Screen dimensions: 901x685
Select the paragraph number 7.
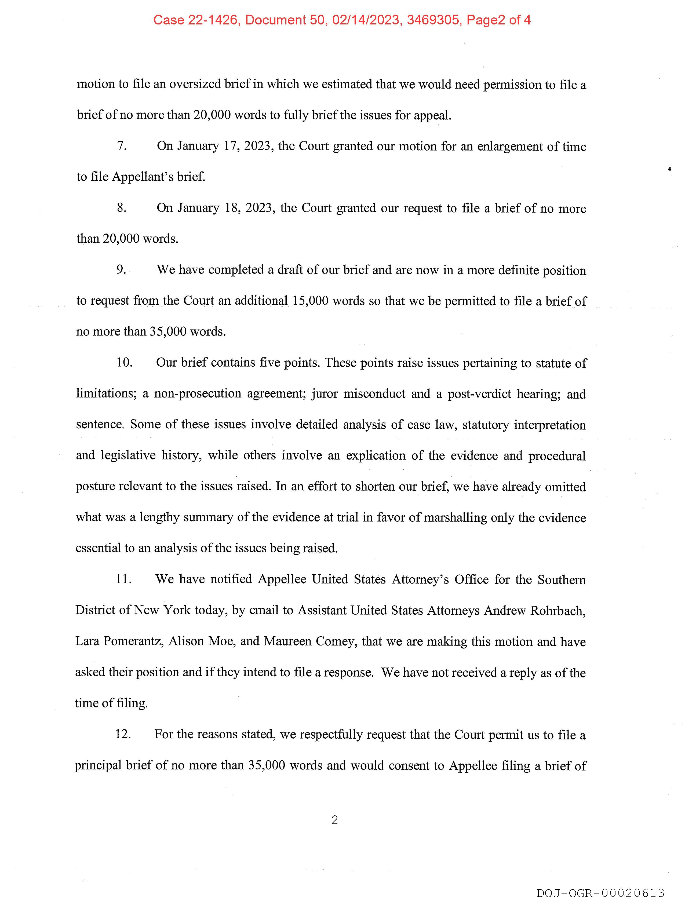pyautogui.click(x=122, y=146)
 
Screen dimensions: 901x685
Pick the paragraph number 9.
pyautogui.click(x=121, y=270)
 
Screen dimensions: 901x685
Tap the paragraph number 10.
pyautogui.click(x=124, y=362)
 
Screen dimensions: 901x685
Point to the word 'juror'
pyautogui.click(x=325, y=393)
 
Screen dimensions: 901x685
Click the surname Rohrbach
pyautogui.click(x=558, y=610)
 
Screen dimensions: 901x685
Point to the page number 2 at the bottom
pyautogui.click(x=335, y=820)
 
